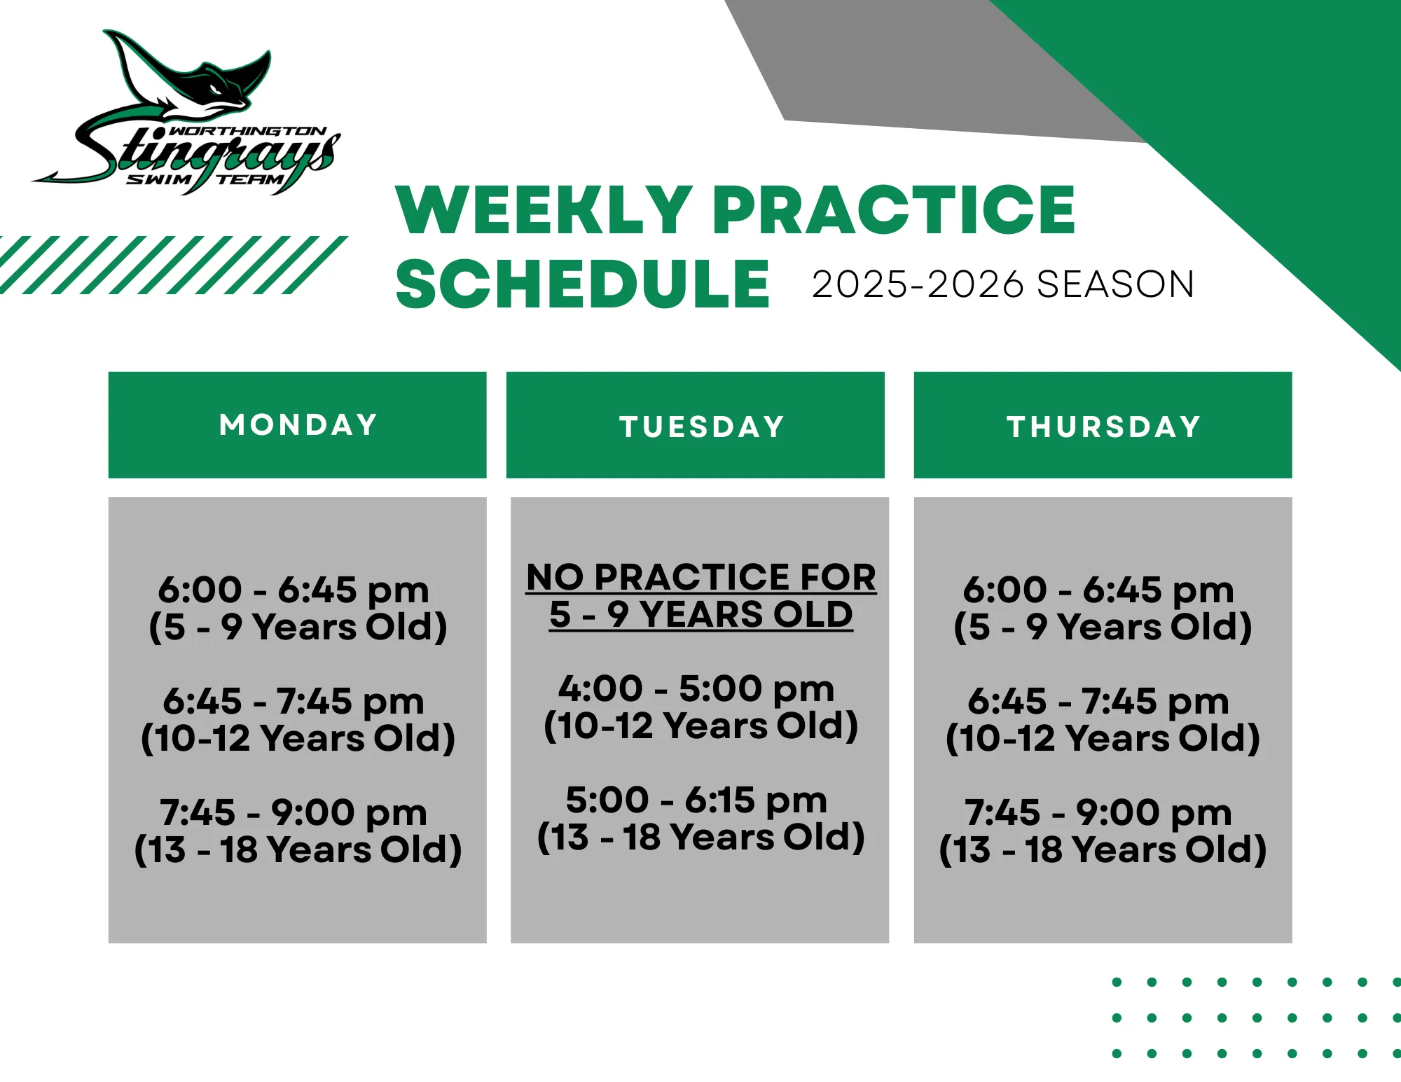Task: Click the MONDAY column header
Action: pyautogui.click(x=298, y=425)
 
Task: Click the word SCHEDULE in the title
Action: pyautogui.click(x=583, y=284)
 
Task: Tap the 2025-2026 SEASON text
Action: pyautogui.click(x=1002, y=285)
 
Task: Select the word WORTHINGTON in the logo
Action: pyautogui.click(x=249, y=132)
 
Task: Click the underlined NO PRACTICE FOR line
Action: pyautogui.click(x=700, y=578)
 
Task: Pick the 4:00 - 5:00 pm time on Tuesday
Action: pyautogui.click(x=696, y=688)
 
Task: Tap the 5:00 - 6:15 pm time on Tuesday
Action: pyautogui.click(x=696, y=800)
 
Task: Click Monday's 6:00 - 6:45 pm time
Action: pyautogui.click(x=293, y=590)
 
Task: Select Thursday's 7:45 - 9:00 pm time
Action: pyautogui.click(x=1098, y=812)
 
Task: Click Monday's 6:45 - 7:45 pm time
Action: pyautogui.click(x=293, y=701)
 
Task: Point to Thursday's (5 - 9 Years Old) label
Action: pyautogui.click(x=1103, y=627)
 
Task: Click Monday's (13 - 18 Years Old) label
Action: pyautogui.click(x=298, y=849)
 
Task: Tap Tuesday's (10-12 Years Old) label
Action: pyautogui.click(x=700, y=726)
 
